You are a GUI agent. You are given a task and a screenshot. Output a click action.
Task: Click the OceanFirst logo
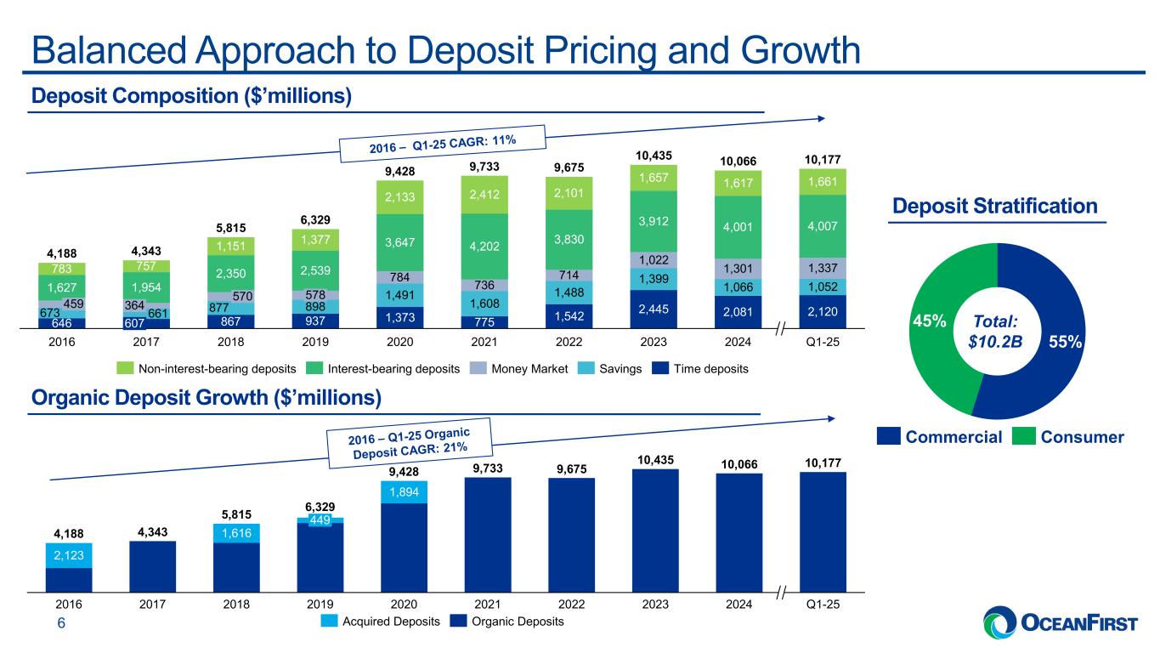coord(1060,623)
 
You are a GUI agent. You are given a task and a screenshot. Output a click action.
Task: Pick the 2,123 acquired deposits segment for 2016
coord(68,554)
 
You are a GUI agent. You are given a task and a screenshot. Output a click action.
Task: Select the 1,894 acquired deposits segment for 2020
coord(404,491)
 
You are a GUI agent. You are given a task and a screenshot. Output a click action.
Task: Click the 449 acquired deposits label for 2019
coord(320,520)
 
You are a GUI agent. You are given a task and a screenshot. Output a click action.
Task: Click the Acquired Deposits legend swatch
coord(330,622)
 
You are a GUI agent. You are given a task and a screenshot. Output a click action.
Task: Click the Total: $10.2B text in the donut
coord(998,332)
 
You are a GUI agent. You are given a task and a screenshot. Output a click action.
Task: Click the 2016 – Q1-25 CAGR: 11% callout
coord(443,143)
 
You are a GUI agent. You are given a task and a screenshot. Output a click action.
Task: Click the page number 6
coord(61,623)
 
